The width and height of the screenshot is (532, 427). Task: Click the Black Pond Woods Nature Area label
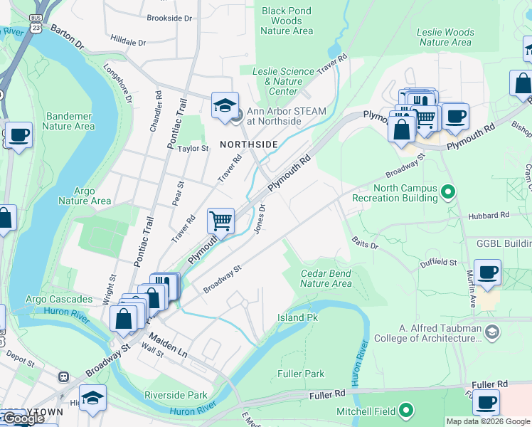287,21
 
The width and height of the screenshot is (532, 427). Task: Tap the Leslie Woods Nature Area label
445,37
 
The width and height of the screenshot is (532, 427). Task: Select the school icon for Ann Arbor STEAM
225,107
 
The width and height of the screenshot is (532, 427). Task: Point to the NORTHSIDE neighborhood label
248,144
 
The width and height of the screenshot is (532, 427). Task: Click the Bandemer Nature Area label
68,121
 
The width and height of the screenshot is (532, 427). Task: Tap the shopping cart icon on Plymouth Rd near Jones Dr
221,221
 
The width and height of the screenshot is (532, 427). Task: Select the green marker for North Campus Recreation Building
448,191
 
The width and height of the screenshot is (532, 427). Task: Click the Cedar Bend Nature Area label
326,278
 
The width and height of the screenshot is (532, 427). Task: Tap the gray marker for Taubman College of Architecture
492,331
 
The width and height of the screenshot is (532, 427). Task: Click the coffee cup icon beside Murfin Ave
487,273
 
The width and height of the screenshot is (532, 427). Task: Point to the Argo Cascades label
60,299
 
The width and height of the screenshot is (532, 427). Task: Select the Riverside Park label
176,395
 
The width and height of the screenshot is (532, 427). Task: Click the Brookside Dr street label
169,18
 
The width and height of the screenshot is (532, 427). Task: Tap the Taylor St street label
193,149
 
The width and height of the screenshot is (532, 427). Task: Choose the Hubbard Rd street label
489,214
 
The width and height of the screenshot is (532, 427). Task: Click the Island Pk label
297,317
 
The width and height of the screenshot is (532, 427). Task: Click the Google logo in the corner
23,418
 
